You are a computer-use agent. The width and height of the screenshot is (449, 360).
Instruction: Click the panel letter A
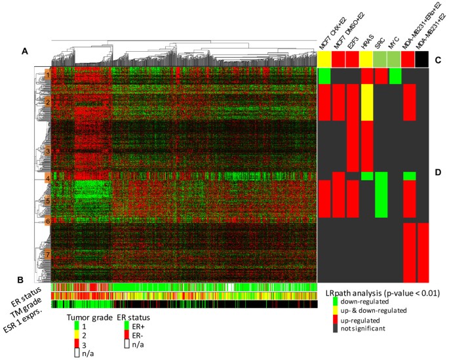point(25,50)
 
